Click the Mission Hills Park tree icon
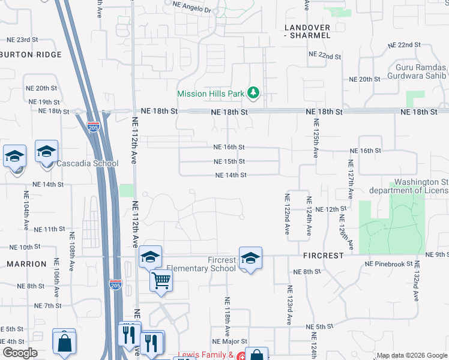coord(254,92)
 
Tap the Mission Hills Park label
coord(211,94)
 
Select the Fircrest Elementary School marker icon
coord(250,258)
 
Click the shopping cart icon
coord(161,280)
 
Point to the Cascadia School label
coord(88,163)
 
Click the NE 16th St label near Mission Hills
coord(229,147)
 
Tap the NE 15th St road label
coord(229,161)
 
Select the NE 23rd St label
coord(22,40)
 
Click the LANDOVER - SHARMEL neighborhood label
coord(307,32)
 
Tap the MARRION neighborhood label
coord(26,264)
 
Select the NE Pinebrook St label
coord(389,263)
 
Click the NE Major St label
coord(226,341)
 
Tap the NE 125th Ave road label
coord(315,139)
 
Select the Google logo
coord(19,353)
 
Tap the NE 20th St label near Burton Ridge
coord(42,88)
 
